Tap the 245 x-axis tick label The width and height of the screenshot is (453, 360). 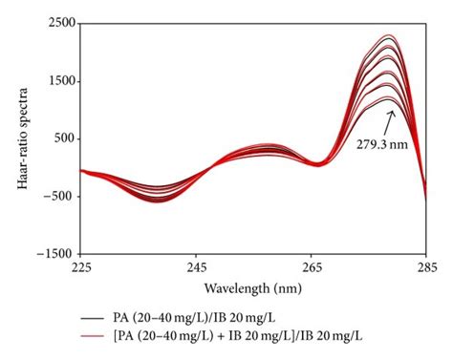(196, 268)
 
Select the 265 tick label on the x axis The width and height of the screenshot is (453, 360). (311, 268)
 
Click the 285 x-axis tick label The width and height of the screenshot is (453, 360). (425, 268)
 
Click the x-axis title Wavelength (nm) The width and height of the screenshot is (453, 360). (252, 286)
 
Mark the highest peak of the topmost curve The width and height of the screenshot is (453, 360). (389, 35)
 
